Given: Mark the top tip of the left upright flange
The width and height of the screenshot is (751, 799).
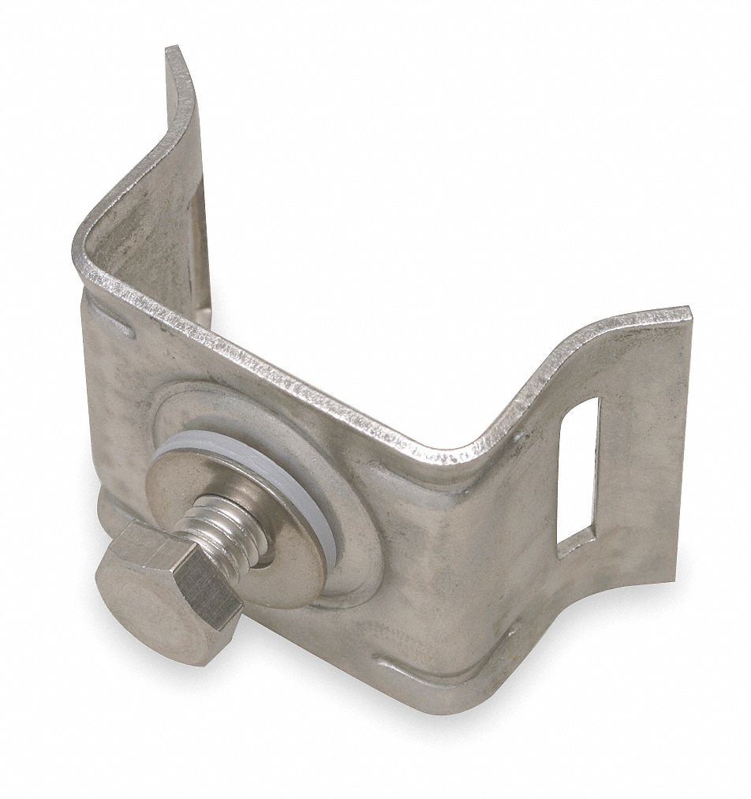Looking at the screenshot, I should point(175,50).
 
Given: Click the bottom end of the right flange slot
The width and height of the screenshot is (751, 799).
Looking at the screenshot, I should point(574,544).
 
